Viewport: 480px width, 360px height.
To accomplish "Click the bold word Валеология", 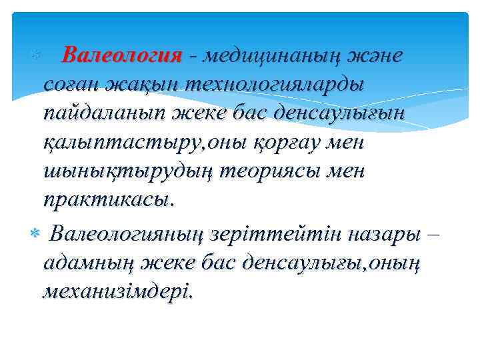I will tap(121, 56).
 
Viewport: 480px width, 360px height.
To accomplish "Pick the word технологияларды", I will tap(274, 85).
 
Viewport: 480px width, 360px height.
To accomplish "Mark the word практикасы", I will tap(109, 200).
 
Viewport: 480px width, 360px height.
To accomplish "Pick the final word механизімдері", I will tap(117, 292).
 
